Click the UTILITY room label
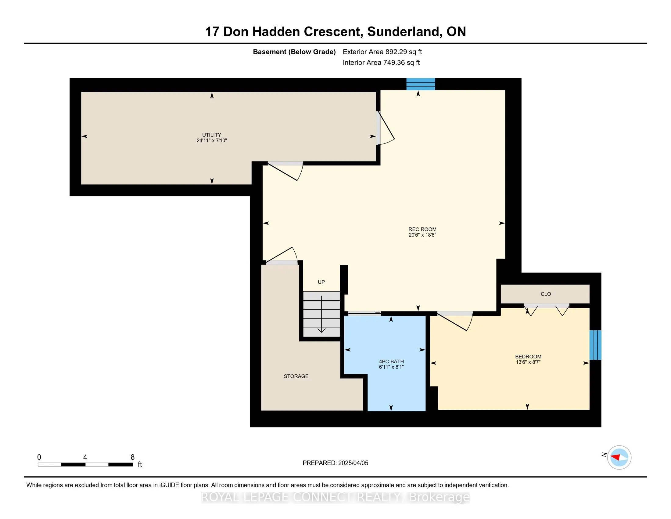212,135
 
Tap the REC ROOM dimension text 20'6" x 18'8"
422,235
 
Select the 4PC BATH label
391,361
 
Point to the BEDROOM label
528,357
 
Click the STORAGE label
296,376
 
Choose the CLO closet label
546,294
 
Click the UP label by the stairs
321,282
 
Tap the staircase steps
322,314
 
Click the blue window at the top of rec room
421,84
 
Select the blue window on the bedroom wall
595,345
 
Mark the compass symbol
619,457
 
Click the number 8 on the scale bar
133,457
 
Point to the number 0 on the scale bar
39,457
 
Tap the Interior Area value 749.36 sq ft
401,63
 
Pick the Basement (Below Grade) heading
294,52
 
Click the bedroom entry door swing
455,321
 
